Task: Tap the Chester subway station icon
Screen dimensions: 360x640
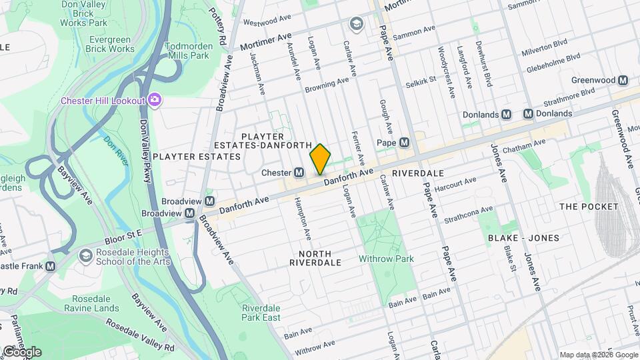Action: coord(300,173)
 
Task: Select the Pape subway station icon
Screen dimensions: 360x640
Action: coord(404,143)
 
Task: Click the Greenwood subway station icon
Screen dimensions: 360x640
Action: coord(623,80)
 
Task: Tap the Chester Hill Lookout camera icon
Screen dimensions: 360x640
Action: coord(155,100)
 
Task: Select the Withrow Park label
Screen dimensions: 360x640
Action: coord(387,259)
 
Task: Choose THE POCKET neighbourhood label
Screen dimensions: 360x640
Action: coord(589,207)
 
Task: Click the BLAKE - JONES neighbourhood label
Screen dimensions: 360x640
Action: coord(523,238)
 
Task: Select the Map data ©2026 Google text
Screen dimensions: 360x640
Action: coord(598,355)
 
